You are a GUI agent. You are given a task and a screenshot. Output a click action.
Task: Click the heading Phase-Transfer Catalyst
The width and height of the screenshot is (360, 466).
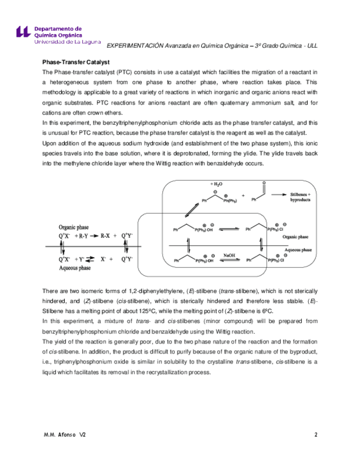click(x=76, y=63)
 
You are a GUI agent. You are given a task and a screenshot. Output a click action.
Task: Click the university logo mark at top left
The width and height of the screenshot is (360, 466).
click(x=23, y=31)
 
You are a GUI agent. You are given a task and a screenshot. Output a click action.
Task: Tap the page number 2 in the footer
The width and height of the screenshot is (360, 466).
click(x=316, y=435)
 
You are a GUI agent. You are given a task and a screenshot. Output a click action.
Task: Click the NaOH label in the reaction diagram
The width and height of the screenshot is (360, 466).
click(x=230, y=254)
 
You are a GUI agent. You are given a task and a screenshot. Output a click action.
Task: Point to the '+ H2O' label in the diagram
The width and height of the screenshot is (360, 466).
click(x=217, y=184)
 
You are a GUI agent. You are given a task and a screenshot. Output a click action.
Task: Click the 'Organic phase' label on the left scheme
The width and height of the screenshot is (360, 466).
click(x=75, y=226)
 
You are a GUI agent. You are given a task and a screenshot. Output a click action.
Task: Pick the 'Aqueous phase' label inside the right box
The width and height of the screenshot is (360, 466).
click(x=297, y=249)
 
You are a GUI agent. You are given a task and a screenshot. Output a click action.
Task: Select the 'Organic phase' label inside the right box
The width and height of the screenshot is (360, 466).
click(x=296, y=237)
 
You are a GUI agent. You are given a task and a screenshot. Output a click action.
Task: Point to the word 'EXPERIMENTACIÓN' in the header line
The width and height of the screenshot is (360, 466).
click(x=135, y=46)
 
